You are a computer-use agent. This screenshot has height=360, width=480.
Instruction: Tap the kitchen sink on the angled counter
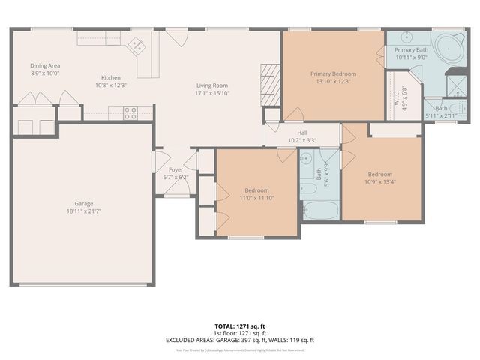coord(138,46)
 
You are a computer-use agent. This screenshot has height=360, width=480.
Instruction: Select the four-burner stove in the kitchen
coord(130,113)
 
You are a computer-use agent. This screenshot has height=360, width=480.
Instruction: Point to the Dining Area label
coord(45,65)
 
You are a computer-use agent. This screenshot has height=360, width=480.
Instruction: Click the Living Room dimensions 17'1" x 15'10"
coord(212,93)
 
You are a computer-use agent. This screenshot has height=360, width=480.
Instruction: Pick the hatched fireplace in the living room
coord(269,78)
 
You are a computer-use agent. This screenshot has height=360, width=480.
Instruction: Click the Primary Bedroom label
coord(333,73)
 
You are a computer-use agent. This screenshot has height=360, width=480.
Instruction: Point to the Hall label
coord(302,133)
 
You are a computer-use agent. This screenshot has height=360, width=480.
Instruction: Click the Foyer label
coord(175,170)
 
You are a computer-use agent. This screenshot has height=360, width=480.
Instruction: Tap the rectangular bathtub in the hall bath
coord(321,210)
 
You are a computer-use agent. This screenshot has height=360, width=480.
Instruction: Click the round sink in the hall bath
coord(306,159)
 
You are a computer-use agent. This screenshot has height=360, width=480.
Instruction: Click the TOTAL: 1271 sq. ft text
coord(240,326)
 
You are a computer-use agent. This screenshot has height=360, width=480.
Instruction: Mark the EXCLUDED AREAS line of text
coord(240,340)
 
